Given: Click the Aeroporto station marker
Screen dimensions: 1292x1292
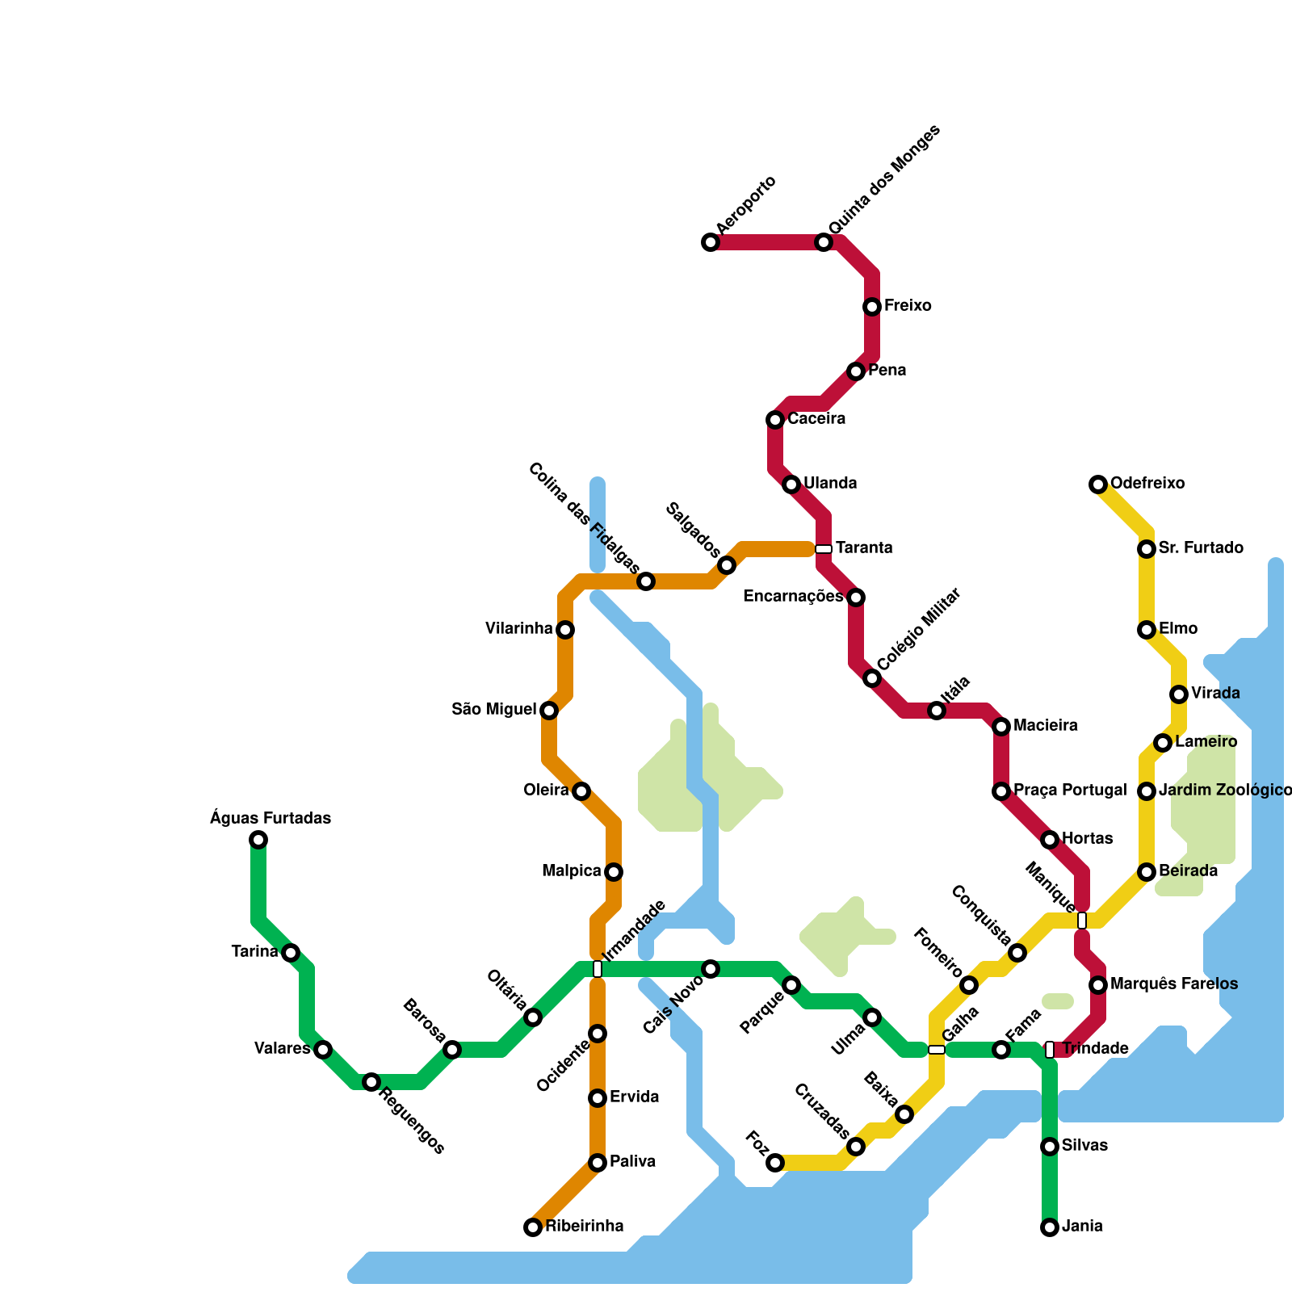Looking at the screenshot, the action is point(711,242).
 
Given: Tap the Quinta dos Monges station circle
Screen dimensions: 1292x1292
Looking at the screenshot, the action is point(824,242).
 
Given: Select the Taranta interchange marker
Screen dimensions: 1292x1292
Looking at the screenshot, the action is point(824,549).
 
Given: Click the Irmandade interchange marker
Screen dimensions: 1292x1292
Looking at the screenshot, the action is point(598,969).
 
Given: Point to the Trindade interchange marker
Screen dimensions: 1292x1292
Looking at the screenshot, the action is point(1050,1050).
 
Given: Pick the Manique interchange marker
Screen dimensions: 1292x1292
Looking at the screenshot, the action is point(1082,921).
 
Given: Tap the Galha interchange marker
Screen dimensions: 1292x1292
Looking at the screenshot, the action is point(937,1050).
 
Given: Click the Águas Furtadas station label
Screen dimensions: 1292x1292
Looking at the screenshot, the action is point(271,818).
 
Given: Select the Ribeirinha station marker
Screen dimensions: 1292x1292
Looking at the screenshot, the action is point(533,1227).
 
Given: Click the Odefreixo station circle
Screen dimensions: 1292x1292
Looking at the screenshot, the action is point(1098,484).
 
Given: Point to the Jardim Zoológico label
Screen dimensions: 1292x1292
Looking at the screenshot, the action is point(1225,791).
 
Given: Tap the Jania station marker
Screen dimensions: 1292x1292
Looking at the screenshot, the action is point(1050,1227).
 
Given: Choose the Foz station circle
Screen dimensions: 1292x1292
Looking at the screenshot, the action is point(775,1163).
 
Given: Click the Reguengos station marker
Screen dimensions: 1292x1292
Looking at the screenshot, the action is point(371,1082).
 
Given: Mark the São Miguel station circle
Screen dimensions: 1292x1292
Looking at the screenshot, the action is point(549,711).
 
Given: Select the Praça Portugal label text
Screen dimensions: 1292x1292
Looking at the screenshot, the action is point(1070,791).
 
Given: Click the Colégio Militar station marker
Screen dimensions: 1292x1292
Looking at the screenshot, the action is point(872,678).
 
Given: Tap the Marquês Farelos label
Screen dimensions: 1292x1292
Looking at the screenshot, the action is point(1174,984).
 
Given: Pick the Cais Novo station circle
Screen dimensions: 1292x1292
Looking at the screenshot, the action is point(711,969).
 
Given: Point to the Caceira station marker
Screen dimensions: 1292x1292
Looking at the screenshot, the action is point(775,420).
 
